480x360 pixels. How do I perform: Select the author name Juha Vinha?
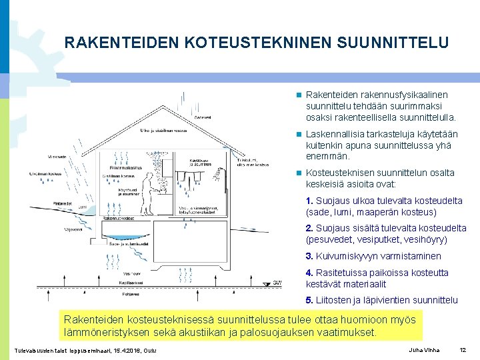(423, 350)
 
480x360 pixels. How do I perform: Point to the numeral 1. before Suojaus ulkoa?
(309, 201)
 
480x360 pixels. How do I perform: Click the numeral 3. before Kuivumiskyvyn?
(309, 256)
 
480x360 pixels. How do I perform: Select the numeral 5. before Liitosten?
(309, 300)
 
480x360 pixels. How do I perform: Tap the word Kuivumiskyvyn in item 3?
(344, 256)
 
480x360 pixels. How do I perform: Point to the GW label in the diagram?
(277, 283)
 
